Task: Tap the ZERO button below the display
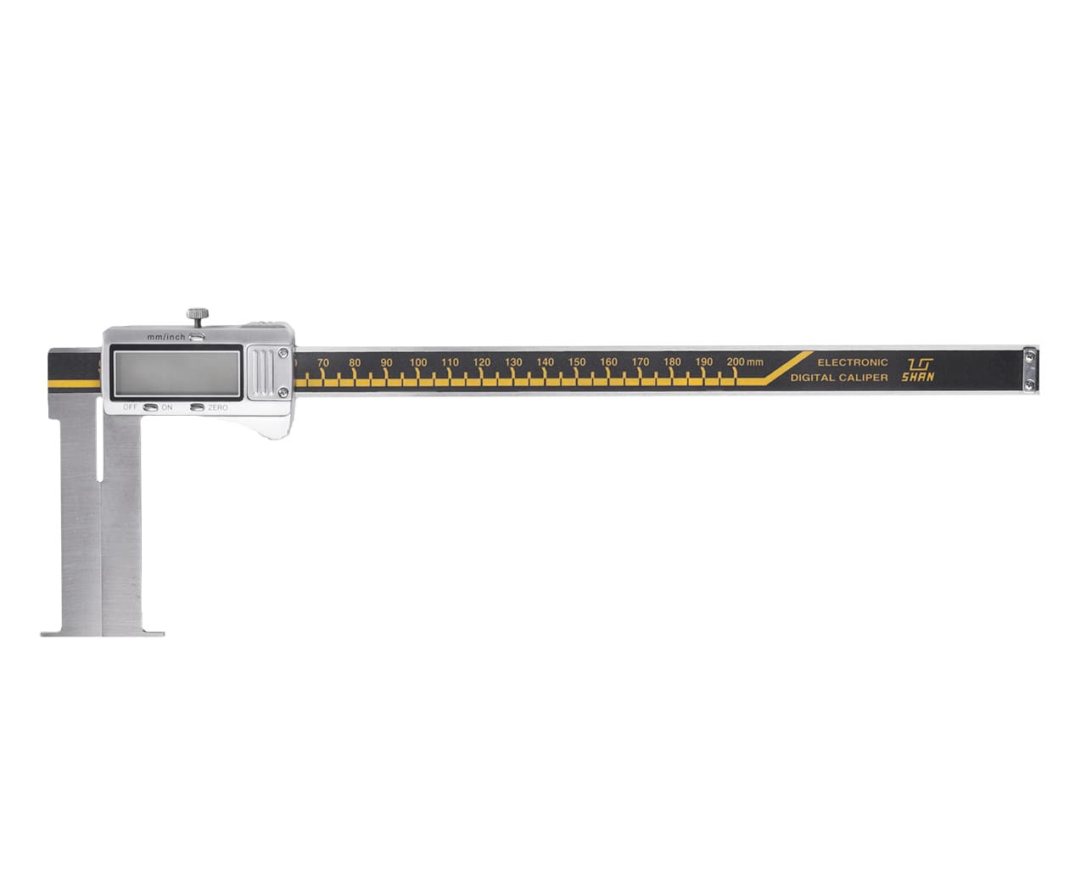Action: [x=198, y=407]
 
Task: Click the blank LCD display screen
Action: [x=176, y=373]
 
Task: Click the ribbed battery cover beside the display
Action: [x=265, y=373]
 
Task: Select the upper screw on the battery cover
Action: [x=283, y=353]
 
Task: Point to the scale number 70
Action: [x=323, y=362]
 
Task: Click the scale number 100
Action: [x=417, y=362]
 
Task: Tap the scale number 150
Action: [x=576, y=362]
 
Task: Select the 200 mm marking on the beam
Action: [x=745, y=362]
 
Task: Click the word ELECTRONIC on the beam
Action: [x=853, y=362]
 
